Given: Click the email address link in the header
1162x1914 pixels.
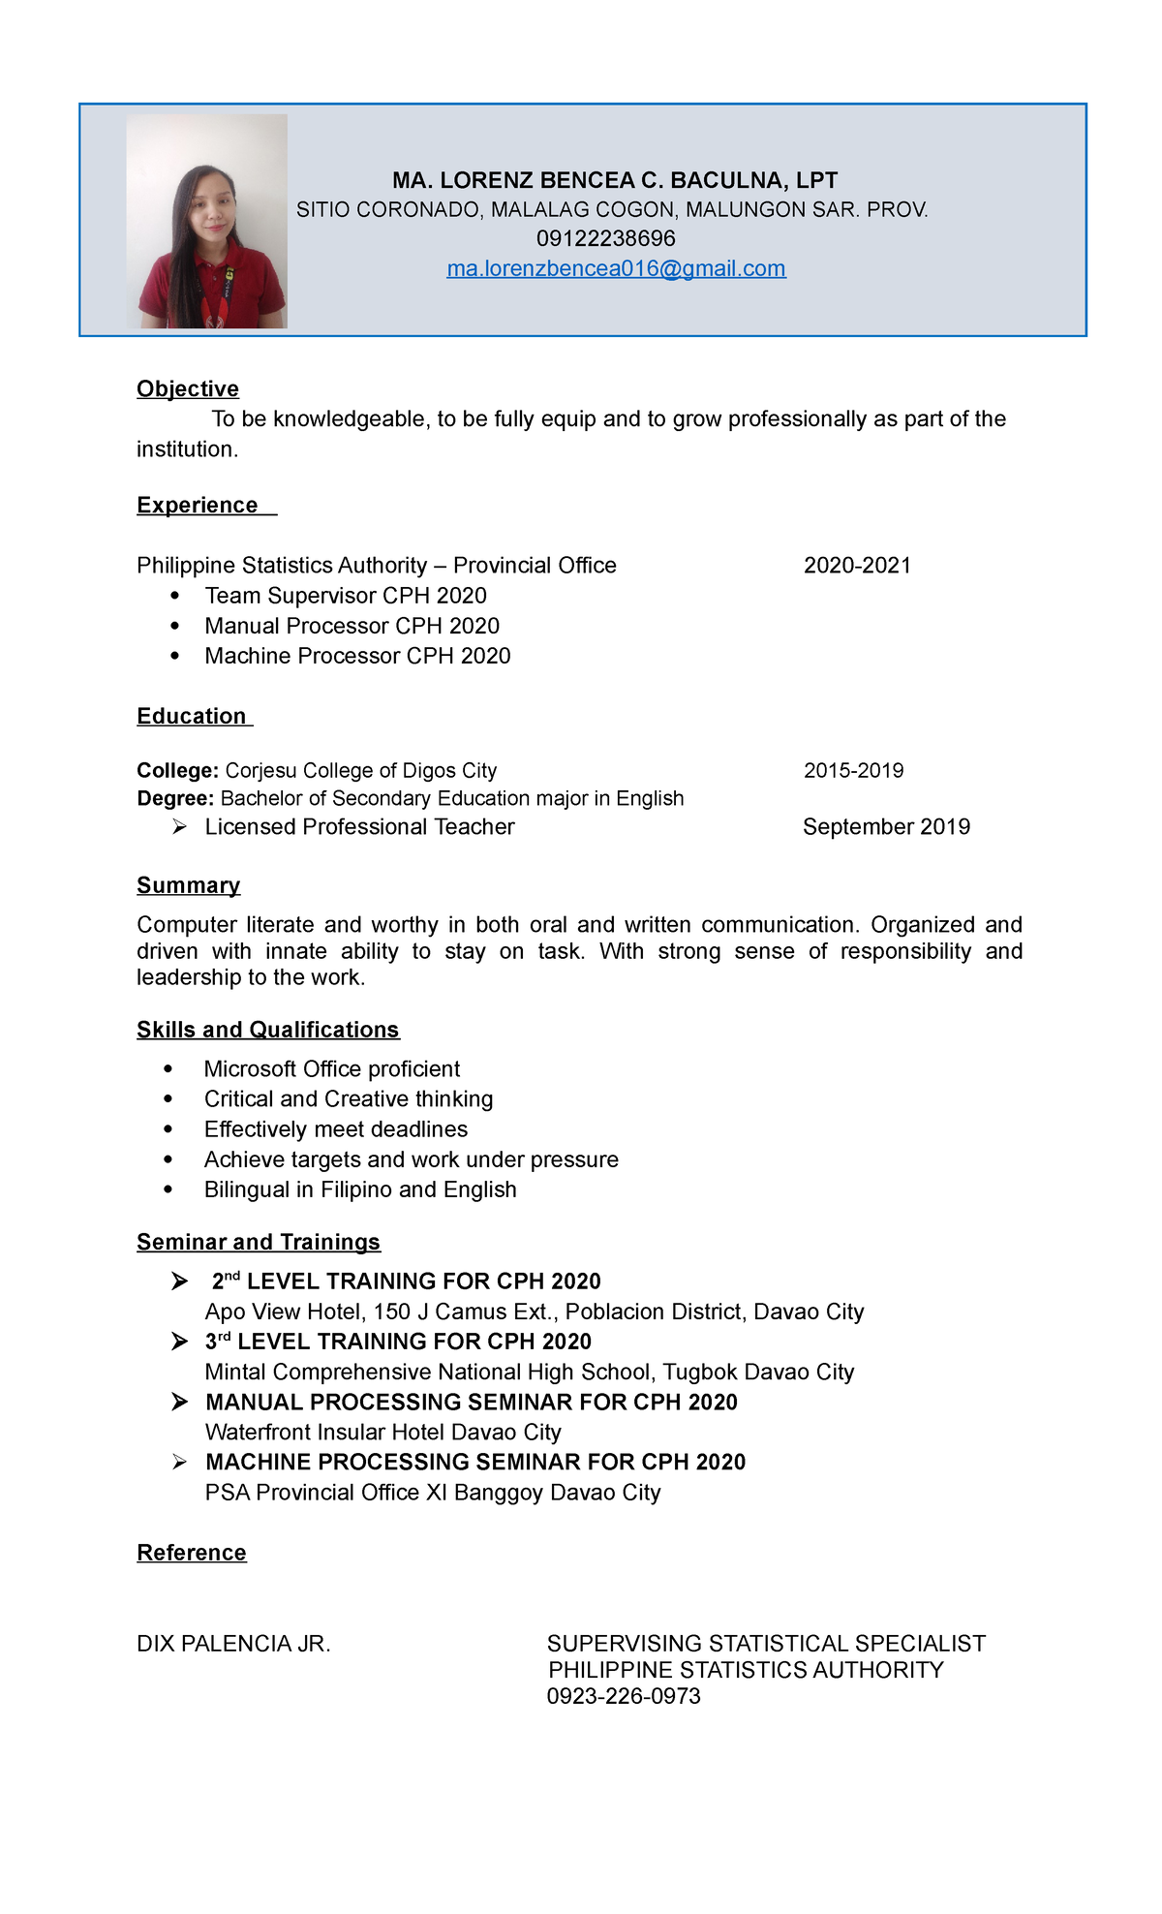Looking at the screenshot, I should [x=616, y=268].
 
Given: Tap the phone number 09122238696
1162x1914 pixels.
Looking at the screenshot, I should [x=605, y=238].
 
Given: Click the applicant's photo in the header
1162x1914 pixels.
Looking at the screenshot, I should [x=207, y=222].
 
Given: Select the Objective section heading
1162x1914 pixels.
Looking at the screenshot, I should [x=188, y=388].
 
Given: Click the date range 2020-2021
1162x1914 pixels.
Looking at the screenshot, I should [x=857, y=566].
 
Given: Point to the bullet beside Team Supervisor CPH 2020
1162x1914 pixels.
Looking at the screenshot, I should [x=174, y=596].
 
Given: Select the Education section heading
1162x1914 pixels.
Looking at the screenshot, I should [x=192, y=716].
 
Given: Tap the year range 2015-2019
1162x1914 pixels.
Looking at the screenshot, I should [x=853, y=771].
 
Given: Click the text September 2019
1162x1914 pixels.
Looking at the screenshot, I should [x=886, y=826].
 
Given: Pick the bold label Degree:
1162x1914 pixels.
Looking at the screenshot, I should [x=175, y=798].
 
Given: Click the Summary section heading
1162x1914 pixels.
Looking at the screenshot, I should [x=188, y=885].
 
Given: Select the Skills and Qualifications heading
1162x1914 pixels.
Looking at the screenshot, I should [x=267, y=1030].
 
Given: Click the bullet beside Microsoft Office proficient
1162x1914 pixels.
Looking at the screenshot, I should [x=168, y=1069].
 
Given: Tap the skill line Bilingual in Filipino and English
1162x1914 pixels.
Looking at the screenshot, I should [x=360, y=1189].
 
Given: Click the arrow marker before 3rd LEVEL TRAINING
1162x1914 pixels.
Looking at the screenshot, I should [x=179, y=1342].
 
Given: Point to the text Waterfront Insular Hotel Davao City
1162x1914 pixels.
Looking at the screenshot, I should [x=382, y=1432].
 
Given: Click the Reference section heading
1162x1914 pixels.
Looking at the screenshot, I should [x=192, y=1553].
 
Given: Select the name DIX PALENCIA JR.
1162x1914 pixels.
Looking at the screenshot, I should [x=233, y=1644].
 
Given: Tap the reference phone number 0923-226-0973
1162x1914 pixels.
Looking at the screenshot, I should [x=624, y=1696].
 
